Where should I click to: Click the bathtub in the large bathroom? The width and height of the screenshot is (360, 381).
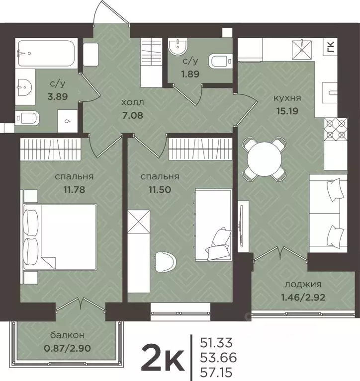[x=46, y=53]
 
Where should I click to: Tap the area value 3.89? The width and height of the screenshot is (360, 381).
[x=58, y=97]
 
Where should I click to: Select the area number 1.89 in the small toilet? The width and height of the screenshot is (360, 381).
[x=190, y=74]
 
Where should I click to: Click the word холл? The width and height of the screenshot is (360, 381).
[x=133, y=102]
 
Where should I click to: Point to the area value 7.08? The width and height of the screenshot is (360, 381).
[x=133, y=115]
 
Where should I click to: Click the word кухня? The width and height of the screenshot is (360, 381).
[x=287, y=98]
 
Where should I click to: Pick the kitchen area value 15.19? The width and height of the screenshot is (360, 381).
[x=287, y=111]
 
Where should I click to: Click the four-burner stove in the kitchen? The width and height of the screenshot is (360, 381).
[x=336, y=129]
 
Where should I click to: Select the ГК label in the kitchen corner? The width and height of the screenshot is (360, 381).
[x=331, y=47]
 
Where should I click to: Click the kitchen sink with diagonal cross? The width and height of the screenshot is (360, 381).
[x=302, y=50]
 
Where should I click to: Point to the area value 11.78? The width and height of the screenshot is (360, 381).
[x=74, y=189]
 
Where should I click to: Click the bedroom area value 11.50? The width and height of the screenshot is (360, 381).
[x=160, y=189]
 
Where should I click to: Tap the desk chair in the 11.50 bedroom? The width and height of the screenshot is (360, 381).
[x=165, y=262]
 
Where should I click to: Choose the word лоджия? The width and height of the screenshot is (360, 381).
[x=303, y=284]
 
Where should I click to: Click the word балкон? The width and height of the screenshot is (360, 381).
[x=68, y=335]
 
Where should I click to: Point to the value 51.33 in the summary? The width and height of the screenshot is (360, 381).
[x=216, y=343]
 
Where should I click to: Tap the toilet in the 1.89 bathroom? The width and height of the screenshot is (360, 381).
[x=220, y=61]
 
